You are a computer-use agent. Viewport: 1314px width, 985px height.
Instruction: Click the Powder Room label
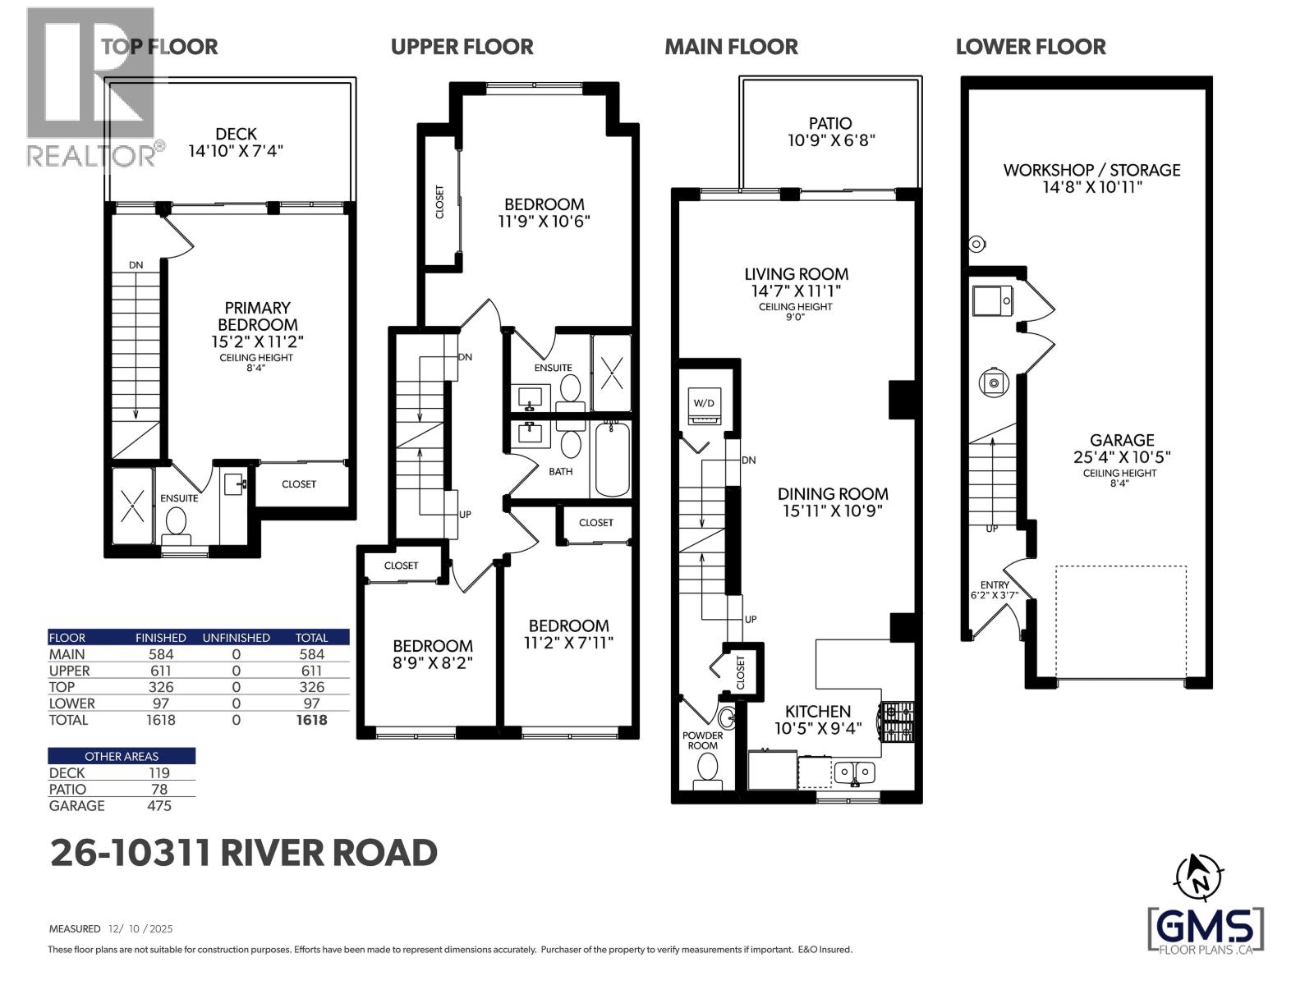point(702,740)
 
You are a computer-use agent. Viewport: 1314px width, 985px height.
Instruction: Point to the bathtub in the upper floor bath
point(612,459)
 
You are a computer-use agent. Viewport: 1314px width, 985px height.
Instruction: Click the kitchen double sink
point(855,772)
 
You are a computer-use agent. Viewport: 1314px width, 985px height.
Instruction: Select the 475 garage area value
point(159,805)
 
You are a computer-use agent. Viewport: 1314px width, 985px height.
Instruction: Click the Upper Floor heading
point(462,47)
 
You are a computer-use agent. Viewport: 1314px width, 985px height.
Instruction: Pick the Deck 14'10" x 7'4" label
point(236,142)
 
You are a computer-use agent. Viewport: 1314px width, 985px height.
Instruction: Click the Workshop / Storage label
point(1091,177)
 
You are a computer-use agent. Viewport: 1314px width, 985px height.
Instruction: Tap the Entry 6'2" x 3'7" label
point(995,590)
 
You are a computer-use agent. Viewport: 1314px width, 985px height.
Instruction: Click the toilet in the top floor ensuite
point(176,523)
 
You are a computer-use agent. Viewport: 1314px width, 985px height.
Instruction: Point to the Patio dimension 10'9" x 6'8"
point(830,140)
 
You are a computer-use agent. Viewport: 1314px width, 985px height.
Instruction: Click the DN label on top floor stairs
point(136,265)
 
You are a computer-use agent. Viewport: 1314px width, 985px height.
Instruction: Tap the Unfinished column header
point(236,637)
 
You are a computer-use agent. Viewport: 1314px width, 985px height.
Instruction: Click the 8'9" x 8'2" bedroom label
point(433,654)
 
